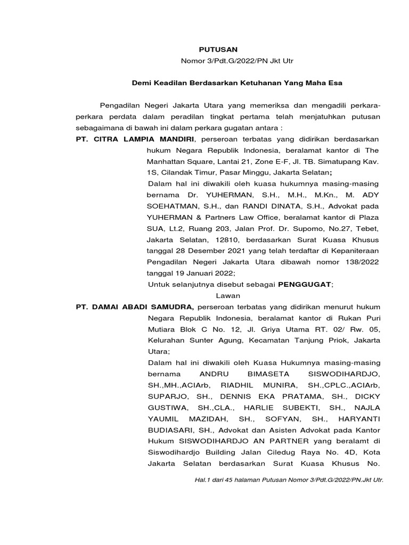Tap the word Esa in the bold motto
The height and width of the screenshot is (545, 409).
pos(335,83)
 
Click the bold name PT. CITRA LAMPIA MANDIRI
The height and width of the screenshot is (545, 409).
pos(135,139)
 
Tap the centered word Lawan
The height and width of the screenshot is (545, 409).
pos(228,295)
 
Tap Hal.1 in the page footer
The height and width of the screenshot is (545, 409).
pos(203,480)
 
